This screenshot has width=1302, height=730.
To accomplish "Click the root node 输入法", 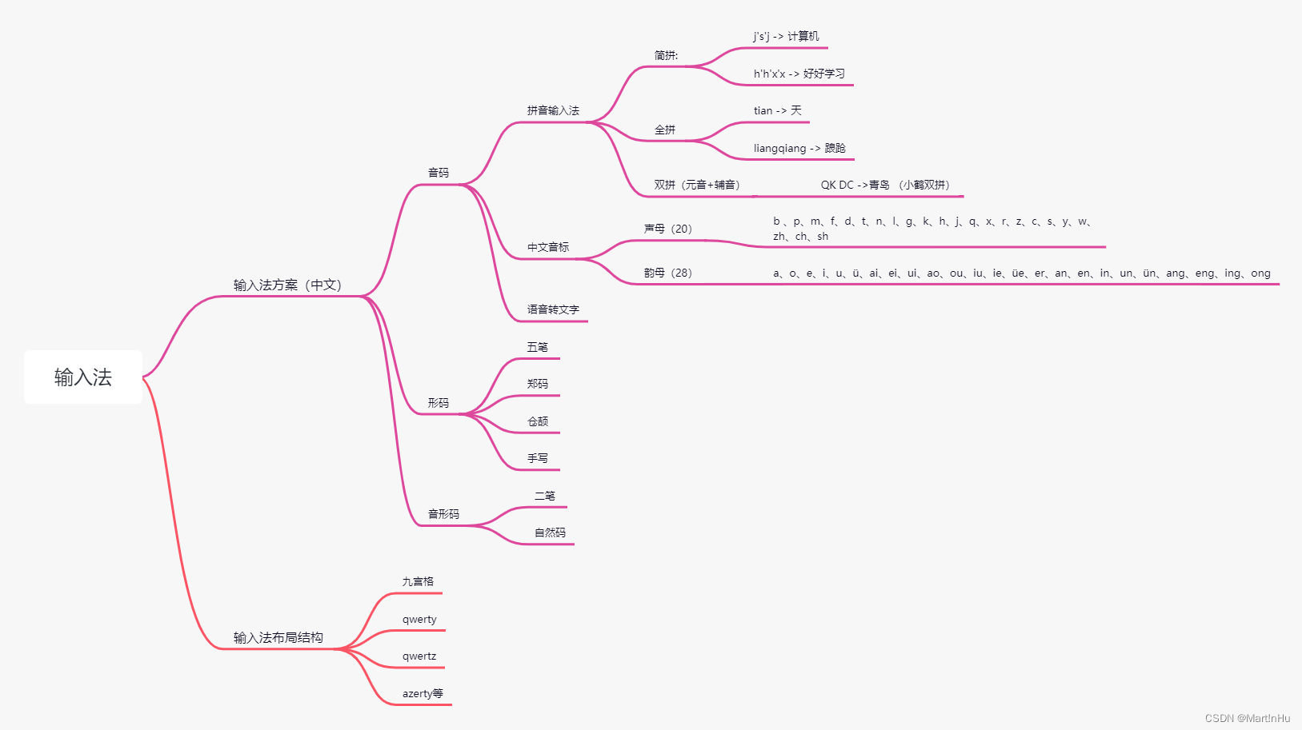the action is [x=83, y=377].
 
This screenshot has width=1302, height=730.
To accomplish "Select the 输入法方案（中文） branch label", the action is [x=287, y=285].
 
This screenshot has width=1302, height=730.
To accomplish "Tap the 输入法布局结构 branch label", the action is [x=278, y=637].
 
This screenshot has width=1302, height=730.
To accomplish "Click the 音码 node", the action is [x=438, y=173].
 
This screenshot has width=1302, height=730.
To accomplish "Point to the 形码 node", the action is [x=438, y=403].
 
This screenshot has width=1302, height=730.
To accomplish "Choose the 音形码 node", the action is [x=443, y=514].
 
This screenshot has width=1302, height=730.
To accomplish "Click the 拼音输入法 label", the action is [x=553, y=110].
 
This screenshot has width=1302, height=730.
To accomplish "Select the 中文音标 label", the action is [x=548, y=247].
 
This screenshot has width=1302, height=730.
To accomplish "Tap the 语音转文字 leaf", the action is [x=553, y=309].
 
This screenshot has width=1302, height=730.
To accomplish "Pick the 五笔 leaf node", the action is [x=537, y=347].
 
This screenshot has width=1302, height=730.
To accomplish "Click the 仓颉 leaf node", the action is [x=537, y=421].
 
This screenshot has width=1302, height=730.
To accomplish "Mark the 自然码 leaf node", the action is [x=550, y=533].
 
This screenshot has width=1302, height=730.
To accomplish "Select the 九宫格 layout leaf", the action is [x=418, y=581].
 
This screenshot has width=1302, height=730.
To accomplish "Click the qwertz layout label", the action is [x=419, y=656].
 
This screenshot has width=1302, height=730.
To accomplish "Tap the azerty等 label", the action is [x=423, y=693].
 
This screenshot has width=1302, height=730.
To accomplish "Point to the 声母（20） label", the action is [x=667, y=229].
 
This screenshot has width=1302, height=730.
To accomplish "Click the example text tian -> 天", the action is [x=777, y=110].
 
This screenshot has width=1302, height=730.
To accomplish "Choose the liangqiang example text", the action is [x=799, y=148].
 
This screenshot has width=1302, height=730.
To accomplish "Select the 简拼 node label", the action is [x=666, y=55].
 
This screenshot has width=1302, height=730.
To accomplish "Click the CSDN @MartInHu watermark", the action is [x=1247, y=718].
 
